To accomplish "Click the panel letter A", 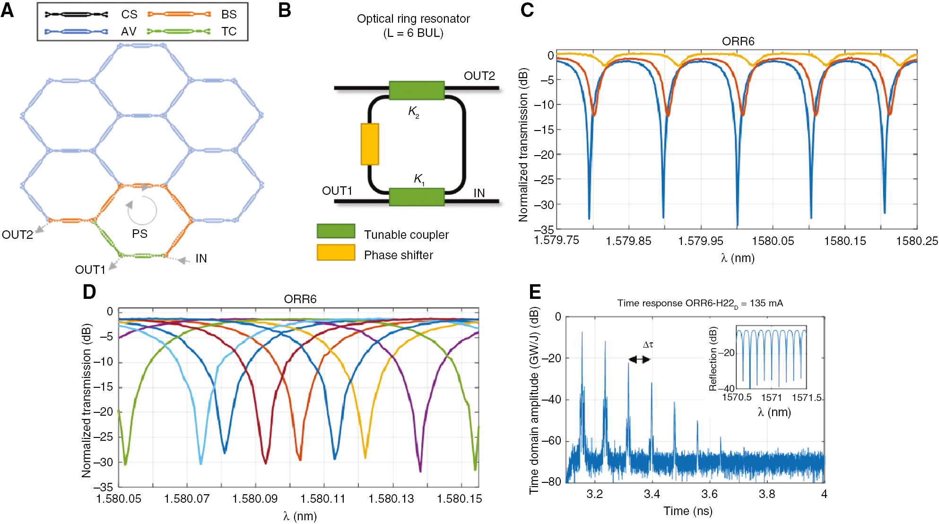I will click(x=8, y=10).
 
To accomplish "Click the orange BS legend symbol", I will click(x=179, y=14).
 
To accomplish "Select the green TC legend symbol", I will click(x=179, y=31).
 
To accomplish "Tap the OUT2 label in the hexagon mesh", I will click(x=17, y=235).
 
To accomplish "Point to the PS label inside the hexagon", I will click(x=139, y=234).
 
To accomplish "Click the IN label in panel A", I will click(x=201, y=258).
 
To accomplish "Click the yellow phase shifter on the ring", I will click(x=370, y=144).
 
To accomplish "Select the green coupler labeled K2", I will click(x=416, y=90).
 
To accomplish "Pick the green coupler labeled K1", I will click(x=416, y=197).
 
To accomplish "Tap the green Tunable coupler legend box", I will click(x=336, y=231).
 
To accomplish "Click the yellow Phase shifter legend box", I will click(x=336, y=253).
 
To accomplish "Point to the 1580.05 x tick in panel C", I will click(x=773, y=241).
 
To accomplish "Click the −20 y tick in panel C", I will click(x=544, y=155).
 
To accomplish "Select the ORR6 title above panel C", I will click(x=738, y=42).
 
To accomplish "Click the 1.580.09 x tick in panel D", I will click(x=255, y=499).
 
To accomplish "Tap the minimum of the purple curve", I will click(x=420, y=471).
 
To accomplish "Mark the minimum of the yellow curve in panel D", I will click(x=365, y=457).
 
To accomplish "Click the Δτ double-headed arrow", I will click(x=639, y=359).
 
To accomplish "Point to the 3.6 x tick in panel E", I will click(x=709, y=494).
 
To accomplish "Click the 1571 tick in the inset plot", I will click(x=771, y=398).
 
